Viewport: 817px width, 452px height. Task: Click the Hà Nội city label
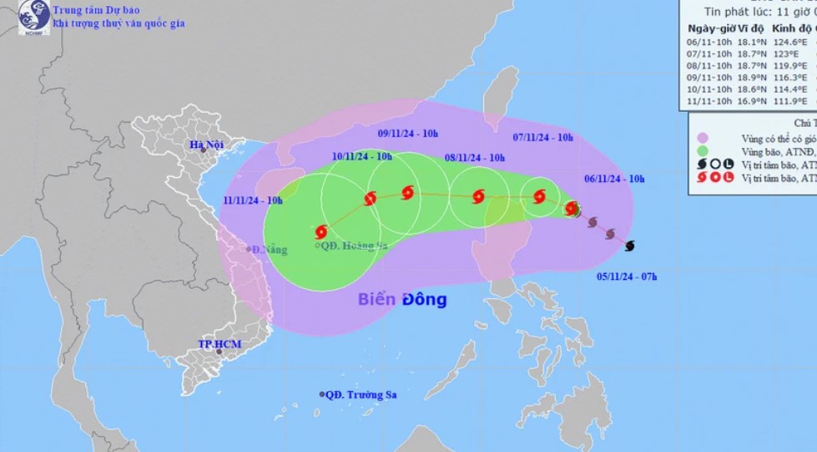pos(207,145)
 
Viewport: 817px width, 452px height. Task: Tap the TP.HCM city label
pos(214,343)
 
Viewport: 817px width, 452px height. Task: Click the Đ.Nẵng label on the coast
pos(269,249)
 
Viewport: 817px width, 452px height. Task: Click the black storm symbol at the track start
pos(629,246)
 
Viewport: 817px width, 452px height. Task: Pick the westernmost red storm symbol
pos(321,231)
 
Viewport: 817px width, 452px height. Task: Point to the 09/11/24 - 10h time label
pos(408,133)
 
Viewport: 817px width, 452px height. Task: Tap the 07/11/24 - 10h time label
pos(542,137)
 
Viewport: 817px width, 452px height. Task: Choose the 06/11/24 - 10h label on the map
pos(613,179)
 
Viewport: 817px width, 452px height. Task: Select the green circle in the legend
pos(704,151)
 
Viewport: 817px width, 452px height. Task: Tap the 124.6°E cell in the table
pos(791,41)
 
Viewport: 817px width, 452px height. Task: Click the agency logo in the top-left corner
pos(34,16)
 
